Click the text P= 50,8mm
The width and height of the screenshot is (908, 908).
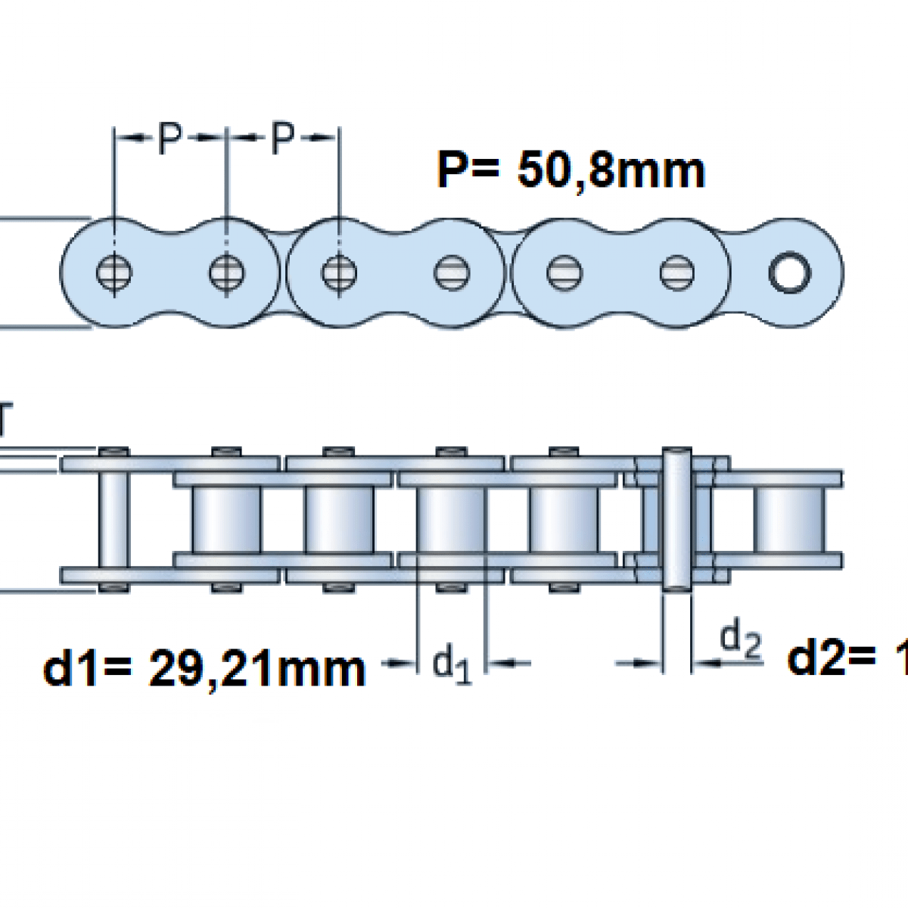click(x=571, y=171)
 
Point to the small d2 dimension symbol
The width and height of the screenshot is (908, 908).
click(x=739, y=639)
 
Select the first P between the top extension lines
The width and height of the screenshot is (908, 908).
click(x=170, y=138)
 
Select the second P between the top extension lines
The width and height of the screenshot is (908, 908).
click(x=282, y=138)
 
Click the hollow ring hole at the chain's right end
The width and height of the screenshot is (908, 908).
click(x=789, y=272)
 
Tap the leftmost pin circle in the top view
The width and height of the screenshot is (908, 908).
click(x=114, y=272)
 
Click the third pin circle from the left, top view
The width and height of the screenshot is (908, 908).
click(x=338, y=272)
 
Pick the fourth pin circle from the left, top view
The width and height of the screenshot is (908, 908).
click(x=452, y=272)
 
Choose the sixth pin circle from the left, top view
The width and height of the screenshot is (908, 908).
click(x=676, y=272)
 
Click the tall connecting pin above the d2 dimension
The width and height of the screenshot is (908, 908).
click(x=676, y=519)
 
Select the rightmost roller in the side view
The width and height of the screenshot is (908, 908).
click(x=787, y=519)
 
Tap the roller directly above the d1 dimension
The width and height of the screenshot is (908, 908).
click(x=452, y=519)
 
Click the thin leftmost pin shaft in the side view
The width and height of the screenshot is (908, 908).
click(x=113, y=519)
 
